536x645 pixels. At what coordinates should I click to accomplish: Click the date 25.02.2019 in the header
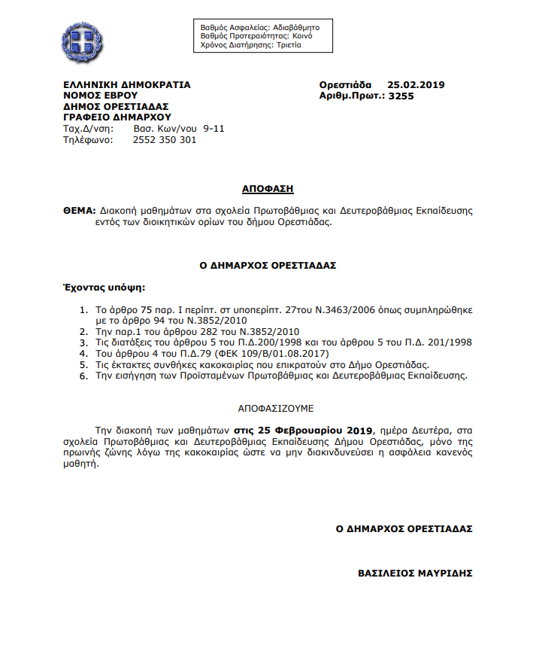coord(416,85)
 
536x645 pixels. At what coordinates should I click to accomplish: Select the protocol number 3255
coord(402,96)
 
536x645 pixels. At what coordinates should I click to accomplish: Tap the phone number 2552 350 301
coord(165,139)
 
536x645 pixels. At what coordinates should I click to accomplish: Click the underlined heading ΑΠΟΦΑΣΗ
coord(268,188)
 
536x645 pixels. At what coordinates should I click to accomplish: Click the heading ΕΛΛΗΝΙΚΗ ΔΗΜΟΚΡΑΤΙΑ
coord(127,85)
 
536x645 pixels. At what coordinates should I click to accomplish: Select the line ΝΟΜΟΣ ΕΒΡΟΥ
coord(99,96)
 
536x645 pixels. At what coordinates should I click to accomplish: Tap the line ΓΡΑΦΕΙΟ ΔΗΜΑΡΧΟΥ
coord(117,117)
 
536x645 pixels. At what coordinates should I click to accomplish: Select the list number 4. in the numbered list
coord(83,352)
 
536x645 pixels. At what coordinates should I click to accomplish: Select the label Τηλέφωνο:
coord(88,139)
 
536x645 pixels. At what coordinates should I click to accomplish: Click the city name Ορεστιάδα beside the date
coord(345,85)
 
